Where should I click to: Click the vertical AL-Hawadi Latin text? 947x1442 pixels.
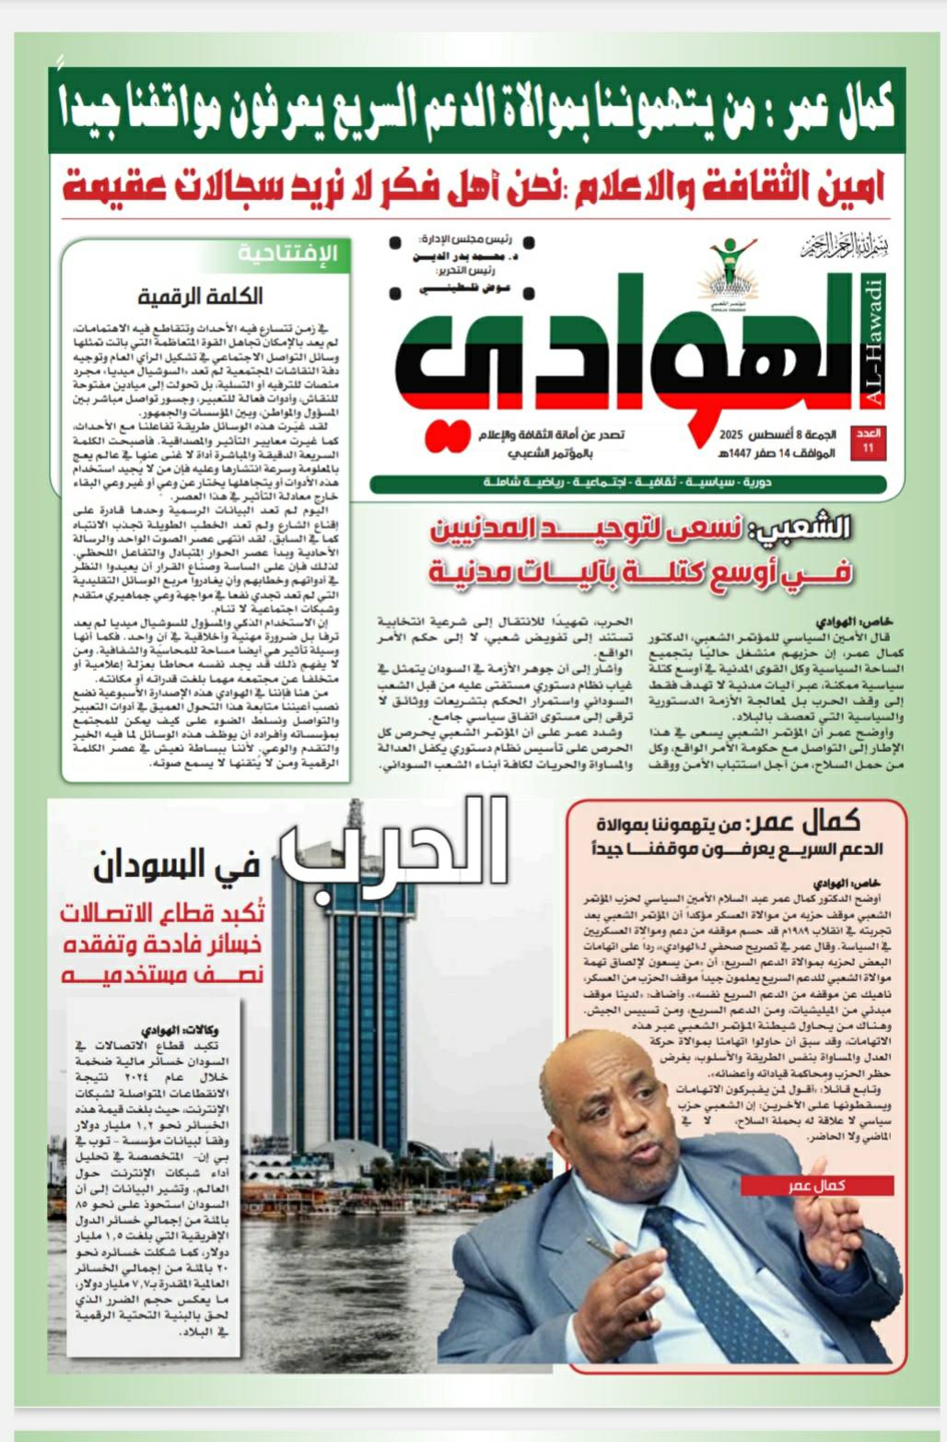pos(875,341)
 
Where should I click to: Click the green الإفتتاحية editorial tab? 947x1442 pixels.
pos(288,253)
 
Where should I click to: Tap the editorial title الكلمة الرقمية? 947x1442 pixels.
pos(200,296)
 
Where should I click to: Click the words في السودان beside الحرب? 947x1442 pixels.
pos(175,866)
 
